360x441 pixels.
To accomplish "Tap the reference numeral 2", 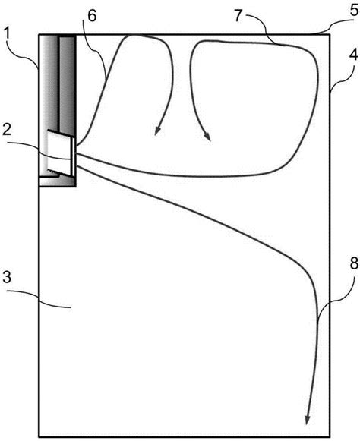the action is pos(7,131).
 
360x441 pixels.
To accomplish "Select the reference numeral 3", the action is pos(7,277).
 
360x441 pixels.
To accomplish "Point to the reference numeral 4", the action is pos(353,55).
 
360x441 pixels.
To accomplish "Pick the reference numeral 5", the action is pos(354,11).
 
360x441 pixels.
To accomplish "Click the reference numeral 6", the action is pos(92,16).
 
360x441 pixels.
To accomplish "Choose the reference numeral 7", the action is pos(238,16).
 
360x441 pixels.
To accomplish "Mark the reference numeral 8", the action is pos(354,263).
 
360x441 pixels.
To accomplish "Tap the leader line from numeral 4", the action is pos(339,78).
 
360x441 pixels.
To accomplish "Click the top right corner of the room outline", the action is pos(330,35).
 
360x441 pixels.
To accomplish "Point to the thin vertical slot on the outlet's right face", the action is pos(73,156).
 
